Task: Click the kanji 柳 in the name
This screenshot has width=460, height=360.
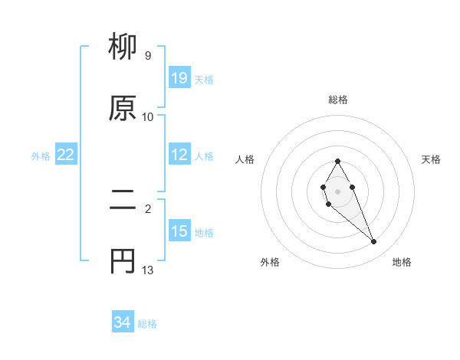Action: [124, 47]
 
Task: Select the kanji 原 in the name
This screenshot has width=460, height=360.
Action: [124, 107]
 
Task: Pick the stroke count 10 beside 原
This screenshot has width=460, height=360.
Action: [147, 116]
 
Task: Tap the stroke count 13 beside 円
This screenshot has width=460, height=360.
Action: [147, 270]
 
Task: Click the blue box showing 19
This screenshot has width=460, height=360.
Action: [179, 78]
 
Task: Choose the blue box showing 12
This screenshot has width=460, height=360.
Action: [179, 155]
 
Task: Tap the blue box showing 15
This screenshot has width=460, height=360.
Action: [179, 231]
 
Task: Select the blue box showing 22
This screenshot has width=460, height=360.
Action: [66, 155]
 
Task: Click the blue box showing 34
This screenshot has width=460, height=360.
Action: [123, 323]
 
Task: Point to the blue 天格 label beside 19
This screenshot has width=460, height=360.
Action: [204, 79]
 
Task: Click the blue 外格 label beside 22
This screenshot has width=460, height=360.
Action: [41, 155]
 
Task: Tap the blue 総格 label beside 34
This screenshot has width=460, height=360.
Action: [147, 324]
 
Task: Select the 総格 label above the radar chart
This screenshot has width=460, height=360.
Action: [338, 100]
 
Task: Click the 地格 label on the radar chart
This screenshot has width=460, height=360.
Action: [402, 263]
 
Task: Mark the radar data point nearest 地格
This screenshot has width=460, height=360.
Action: [373, 242]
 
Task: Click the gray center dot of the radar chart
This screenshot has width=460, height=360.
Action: [337, 190]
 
